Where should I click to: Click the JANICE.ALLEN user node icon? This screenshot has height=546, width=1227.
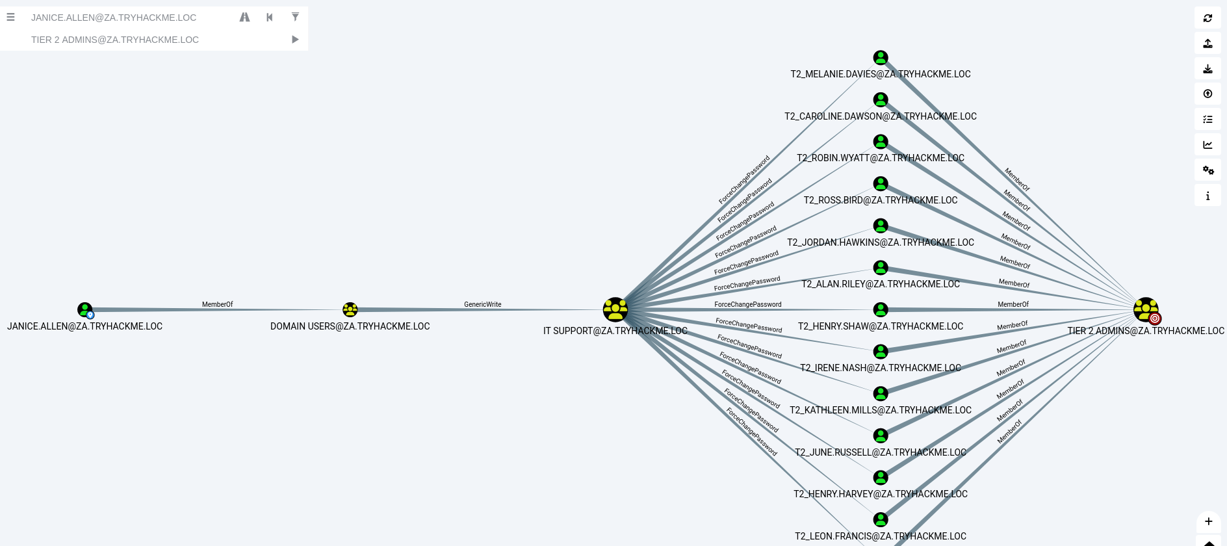[84, 309]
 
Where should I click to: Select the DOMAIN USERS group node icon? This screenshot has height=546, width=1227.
[350, 309]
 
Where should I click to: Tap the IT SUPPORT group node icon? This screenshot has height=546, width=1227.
[615, 309]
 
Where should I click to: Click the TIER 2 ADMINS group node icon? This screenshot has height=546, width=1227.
[1145, 309]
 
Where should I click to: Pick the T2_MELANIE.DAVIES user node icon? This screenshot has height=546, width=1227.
[881, 58]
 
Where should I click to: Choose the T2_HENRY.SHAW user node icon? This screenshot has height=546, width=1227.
[881, 309]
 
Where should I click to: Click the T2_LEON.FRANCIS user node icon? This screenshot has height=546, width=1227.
[881, 519]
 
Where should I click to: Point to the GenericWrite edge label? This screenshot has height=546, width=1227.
[482, 304]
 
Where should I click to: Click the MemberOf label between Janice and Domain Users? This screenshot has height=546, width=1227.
[217, 304]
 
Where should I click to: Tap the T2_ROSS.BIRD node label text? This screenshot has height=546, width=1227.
[881, 200]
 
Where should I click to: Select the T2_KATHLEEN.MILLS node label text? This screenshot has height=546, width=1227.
[881, 410]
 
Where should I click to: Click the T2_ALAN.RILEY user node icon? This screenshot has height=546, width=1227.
[881, 268]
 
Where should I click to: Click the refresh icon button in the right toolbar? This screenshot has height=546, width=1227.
[1208, 18]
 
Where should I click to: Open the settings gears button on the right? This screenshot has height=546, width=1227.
[1208, 170]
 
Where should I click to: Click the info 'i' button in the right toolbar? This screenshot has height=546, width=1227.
[1208, 196]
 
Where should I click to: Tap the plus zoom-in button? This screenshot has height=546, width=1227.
[1208, 521]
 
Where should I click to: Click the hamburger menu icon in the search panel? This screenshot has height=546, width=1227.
[10, 18]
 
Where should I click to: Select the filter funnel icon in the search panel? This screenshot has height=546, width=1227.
[295, 18]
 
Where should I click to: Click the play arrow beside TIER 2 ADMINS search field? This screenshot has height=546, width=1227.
[295, 40]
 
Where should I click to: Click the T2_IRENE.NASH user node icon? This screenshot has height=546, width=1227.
[881, 352]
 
